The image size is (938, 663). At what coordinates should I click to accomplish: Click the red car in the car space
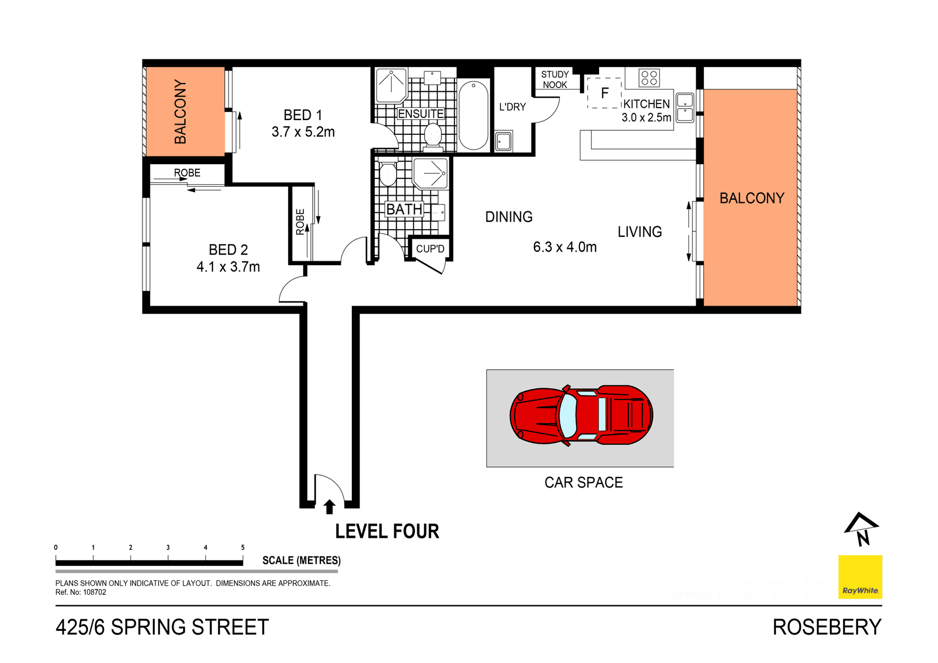point(581,415)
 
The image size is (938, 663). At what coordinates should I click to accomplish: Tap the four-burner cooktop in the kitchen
point(649,78)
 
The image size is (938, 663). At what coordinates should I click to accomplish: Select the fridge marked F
point(604,93)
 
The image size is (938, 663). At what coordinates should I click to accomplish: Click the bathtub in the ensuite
point(473,115)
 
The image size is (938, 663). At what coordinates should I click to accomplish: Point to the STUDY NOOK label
point(554,80)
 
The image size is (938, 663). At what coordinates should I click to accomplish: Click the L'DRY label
point(512,107)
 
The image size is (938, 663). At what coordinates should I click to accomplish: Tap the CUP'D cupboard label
point(430,249)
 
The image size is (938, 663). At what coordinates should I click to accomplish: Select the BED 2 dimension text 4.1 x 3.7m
point(228,267)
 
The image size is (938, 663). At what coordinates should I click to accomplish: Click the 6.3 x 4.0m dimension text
point(565,247)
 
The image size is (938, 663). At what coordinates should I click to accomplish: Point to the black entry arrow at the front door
point(329,507)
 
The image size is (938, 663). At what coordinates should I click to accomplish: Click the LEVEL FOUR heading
point(387,532)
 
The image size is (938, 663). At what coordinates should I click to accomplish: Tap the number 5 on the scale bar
point(243,547)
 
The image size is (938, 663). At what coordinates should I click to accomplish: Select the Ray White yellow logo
point(860,577)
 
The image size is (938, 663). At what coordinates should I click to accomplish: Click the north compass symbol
point(862,530)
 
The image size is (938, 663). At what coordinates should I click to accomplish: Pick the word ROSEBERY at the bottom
point(827,627)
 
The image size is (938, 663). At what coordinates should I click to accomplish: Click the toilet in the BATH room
point(388,173)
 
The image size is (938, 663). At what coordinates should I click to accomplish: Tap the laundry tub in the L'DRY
point(503,142)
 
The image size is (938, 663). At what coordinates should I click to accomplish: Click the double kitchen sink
point(685,108)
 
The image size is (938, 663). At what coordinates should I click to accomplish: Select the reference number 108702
point(94,592)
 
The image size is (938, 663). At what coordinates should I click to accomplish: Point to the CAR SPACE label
point(583,483)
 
